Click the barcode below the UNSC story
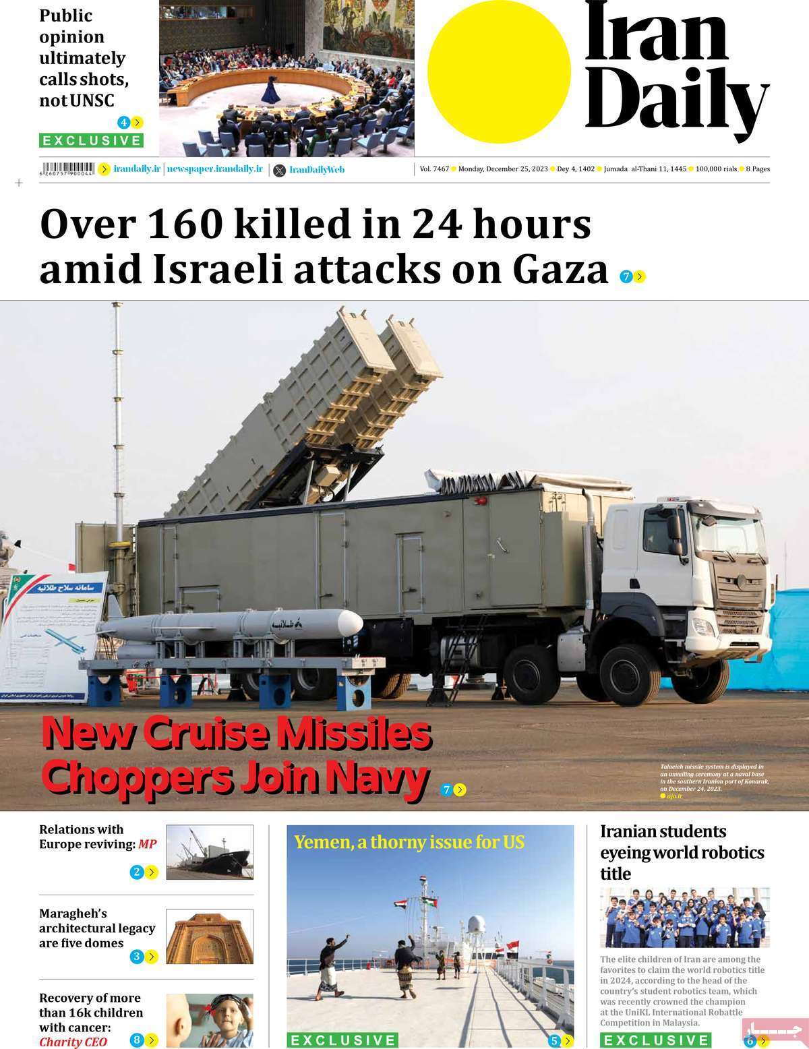(68, 169)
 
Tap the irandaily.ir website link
(137, 169)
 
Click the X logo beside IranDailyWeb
(280, 171)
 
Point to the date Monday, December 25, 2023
(503, 169)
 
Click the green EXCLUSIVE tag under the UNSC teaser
(91, 141)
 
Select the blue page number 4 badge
(123, 123)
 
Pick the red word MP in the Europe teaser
(148, 844)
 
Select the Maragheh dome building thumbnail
(209, 936)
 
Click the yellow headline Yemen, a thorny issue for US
(409, 842)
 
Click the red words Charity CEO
(73, 1042)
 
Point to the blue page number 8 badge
(136, 1040)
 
